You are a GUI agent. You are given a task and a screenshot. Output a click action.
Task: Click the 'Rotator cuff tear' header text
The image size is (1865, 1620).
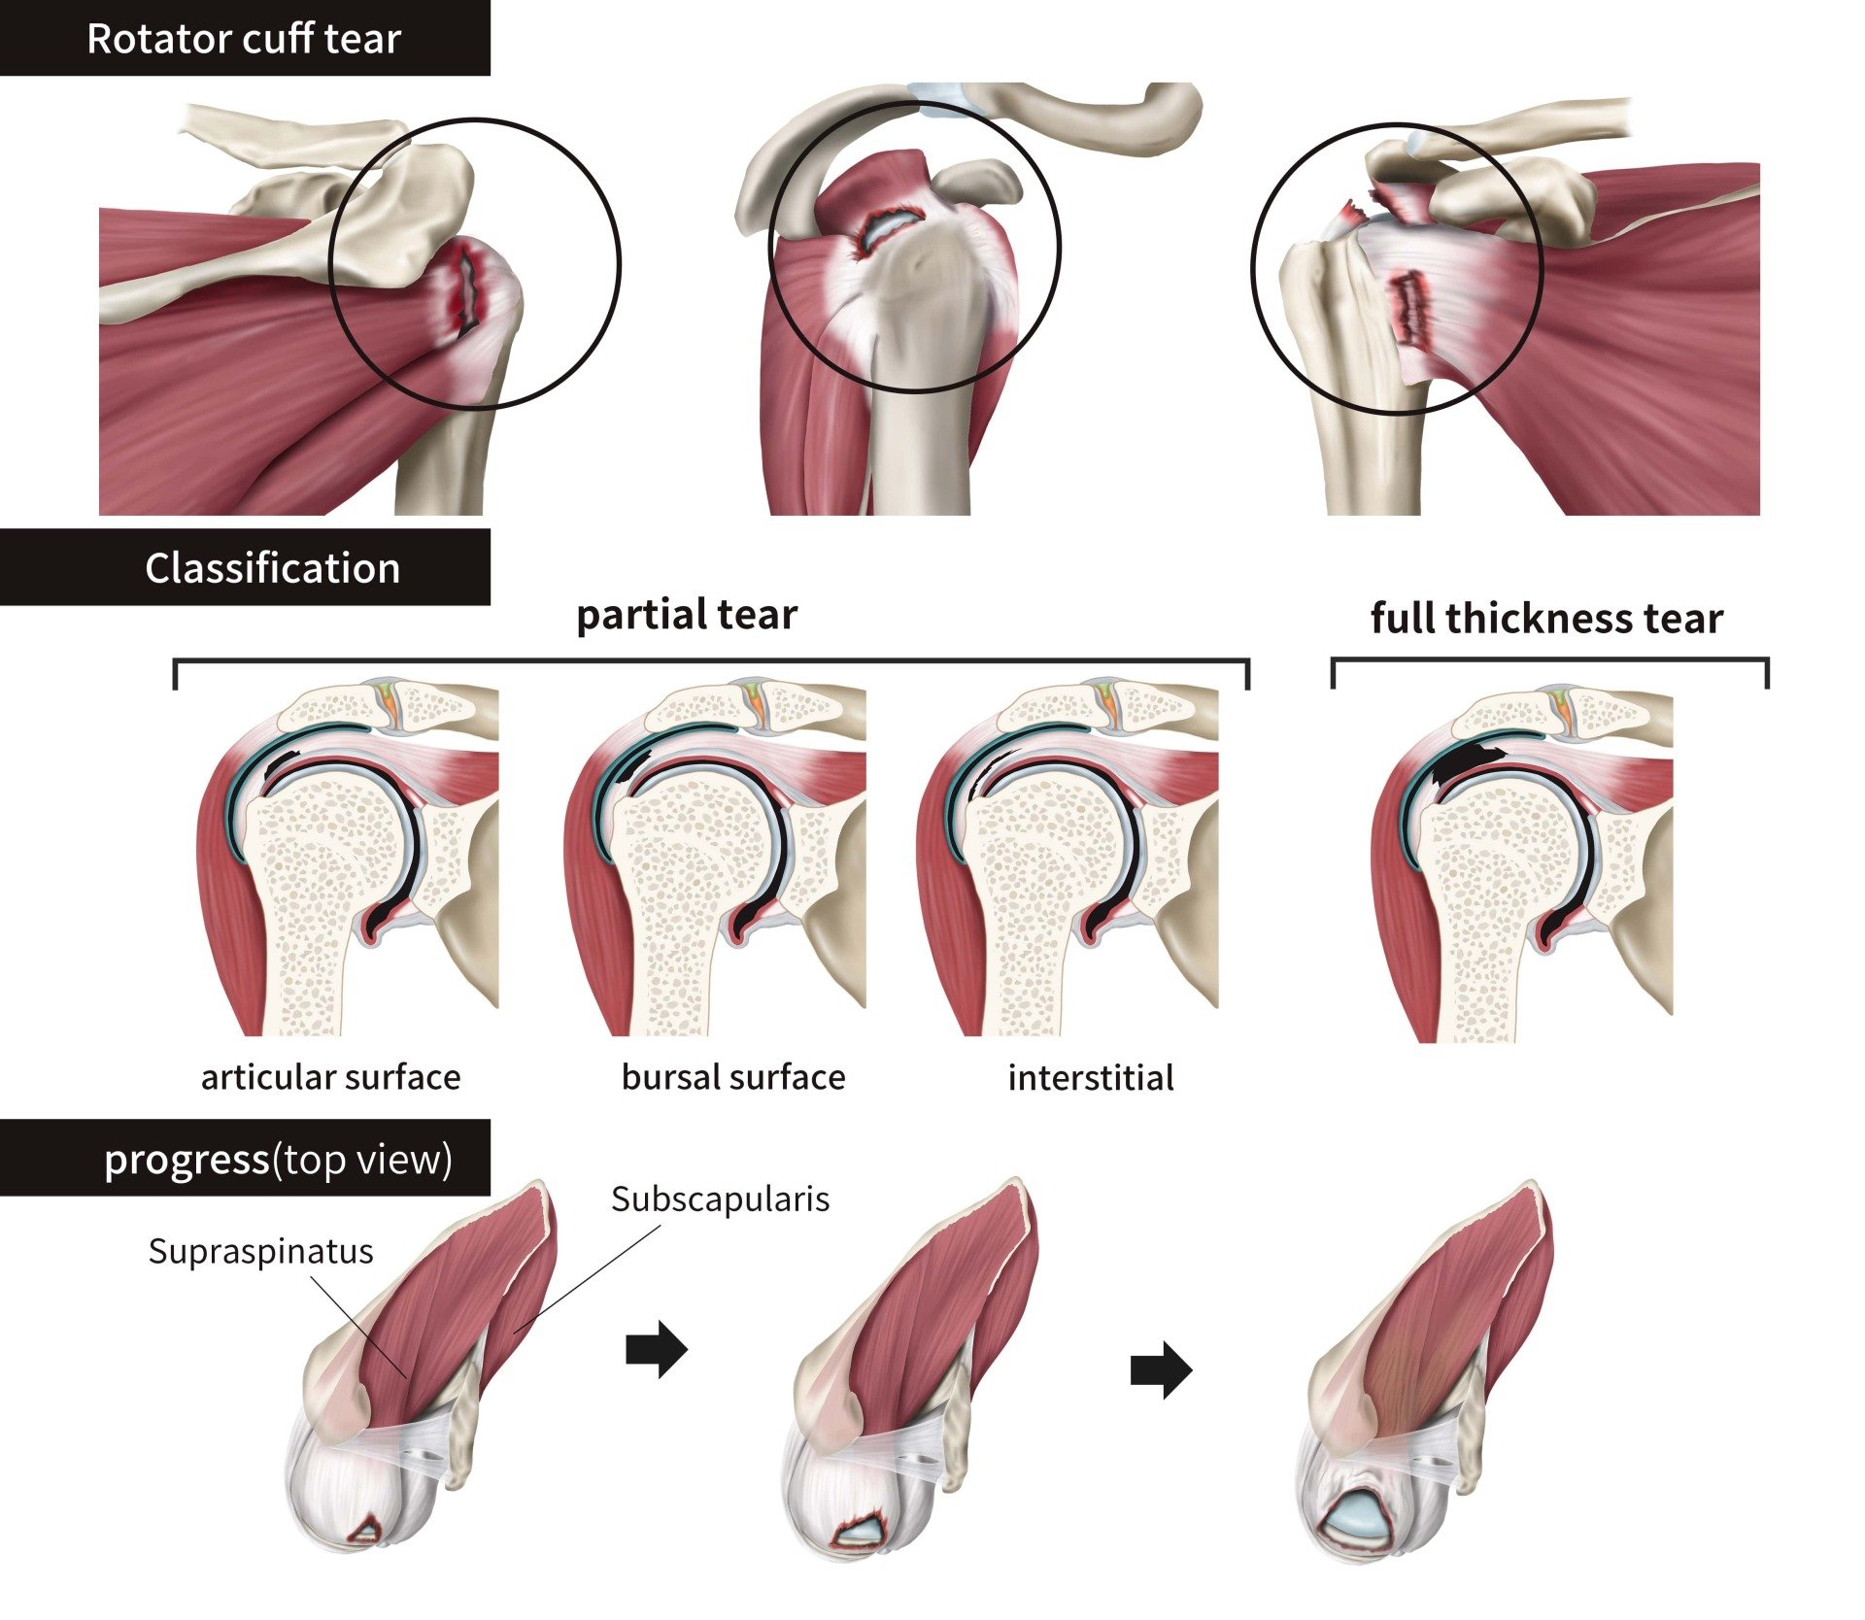click(x=243, y=39)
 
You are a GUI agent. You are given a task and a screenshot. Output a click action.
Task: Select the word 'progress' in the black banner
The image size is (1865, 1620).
click(x=186, y=1159)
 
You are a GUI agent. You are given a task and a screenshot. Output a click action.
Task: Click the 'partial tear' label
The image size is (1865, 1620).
click(x=686, y=615)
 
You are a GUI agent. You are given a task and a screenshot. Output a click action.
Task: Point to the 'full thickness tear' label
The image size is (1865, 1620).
click(x=1545, y=618)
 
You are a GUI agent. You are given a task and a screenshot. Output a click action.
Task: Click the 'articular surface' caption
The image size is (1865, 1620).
click(x=330, y=1077)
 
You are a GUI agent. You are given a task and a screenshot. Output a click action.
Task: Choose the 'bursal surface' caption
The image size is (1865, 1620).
click(x=732, y=1077)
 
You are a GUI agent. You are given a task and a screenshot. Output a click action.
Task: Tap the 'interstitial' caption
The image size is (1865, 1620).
click(x=1090, y=1078)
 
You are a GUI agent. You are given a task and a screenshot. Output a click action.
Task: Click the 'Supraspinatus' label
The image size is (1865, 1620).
click(x=260, y=1251)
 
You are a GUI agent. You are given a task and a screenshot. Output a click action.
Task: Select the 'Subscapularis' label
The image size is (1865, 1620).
click(x=720, y=1198)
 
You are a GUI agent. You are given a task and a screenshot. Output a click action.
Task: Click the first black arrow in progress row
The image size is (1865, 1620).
click(x=657, y=1349)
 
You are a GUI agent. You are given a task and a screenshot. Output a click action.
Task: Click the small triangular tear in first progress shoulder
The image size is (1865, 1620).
click(x=367, y=1533)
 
